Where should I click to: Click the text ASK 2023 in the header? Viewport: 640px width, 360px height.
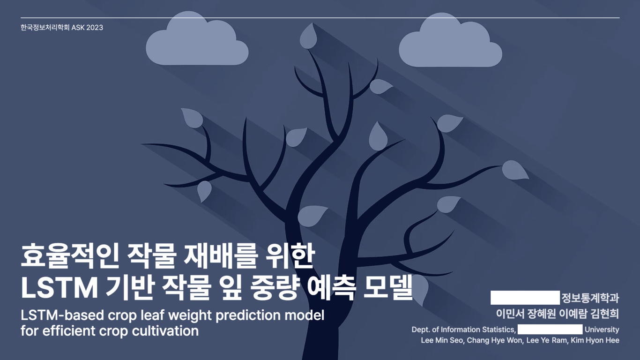coord(87,28)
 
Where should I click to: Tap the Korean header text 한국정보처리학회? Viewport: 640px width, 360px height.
coord(45,28)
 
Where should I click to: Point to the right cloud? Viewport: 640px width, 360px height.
coord(450,43)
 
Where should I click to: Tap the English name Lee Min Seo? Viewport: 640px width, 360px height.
coord(443,340)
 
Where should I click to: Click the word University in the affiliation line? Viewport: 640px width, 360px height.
coord(602,330)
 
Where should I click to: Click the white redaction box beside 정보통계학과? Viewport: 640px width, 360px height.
coord(525,298)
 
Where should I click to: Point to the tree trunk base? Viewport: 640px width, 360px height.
coord(323,347)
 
